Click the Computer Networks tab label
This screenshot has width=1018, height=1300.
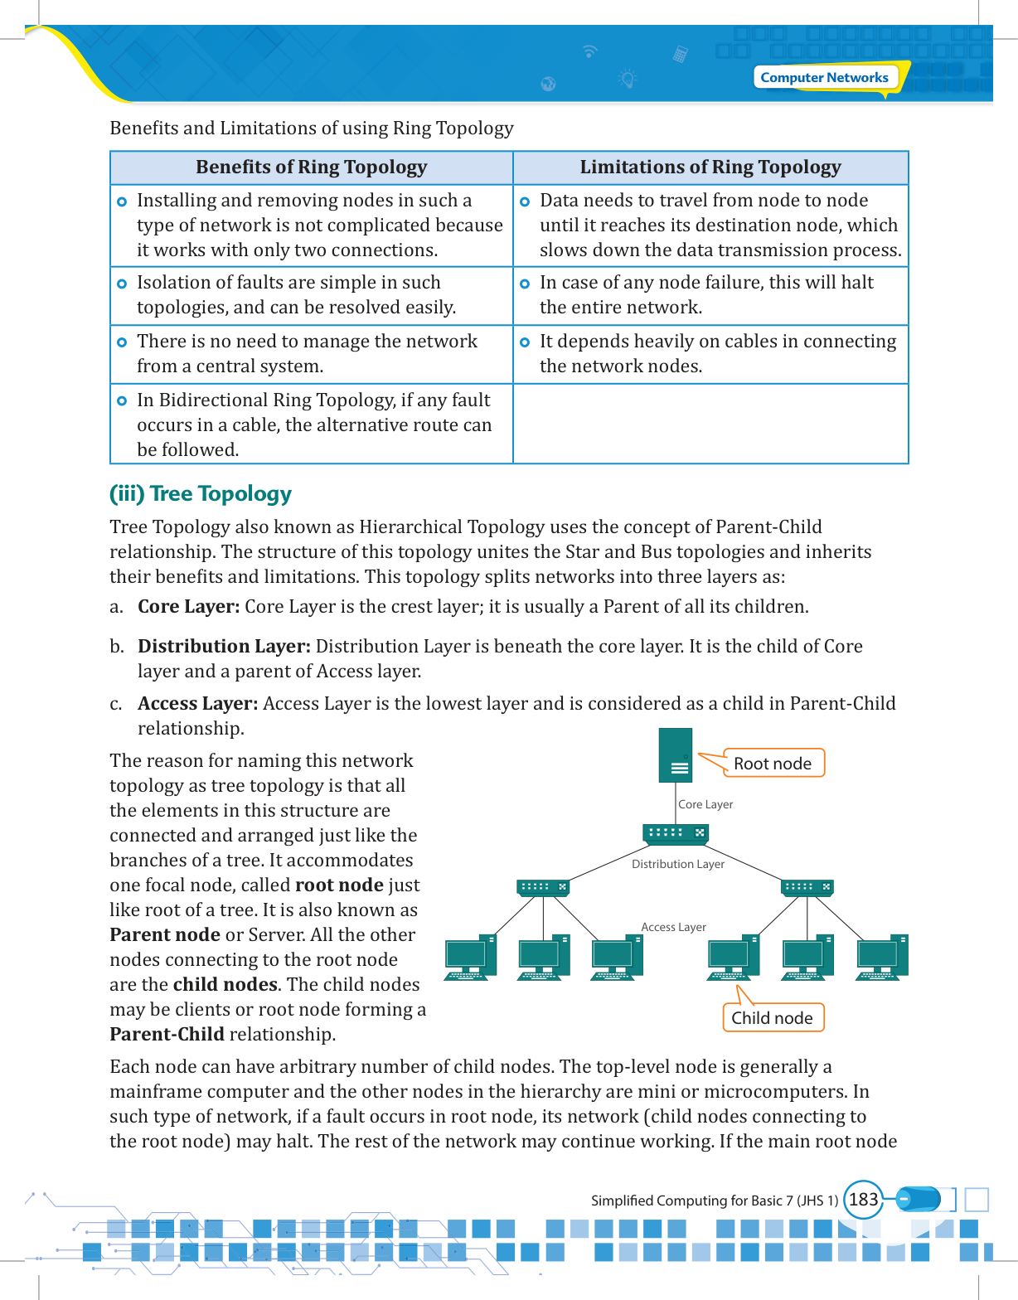click(x=824, y=77)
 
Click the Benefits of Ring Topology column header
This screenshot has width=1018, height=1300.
click(x=311, y=167)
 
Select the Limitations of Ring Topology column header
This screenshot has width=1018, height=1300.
click(x=710, y=167)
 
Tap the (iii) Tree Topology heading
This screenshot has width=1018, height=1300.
click(x=201, y=494)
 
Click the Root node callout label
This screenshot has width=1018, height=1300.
click(x=773, y=764)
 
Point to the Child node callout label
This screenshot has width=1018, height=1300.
click(x=772, y=1018)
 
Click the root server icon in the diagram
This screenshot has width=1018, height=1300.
click(x=676, y=755)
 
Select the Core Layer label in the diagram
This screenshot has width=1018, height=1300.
click(x=705, y=804)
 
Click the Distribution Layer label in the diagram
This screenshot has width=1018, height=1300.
click(x=678, y=864)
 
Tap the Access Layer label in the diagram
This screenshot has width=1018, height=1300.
click(x=673, y=927)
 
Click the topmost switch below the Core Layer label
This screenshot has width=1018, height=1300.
click(x=676, y=833)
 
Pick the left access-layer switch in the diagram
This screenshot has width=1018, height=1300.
click(x=543, y=887)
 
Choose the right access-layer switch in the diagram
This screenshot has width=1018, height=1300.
click(x=807, y=887)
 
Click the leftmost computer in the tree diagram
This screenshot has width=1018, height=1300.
click(x=470, y=958)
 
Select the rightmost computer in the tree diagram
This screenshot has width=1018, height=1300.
click(x=882, y=958)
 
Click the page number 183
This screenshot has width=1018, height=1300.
click(x=863, y=1200)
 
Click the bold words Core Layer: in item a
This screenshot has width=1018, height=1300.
click(x=188, y=607)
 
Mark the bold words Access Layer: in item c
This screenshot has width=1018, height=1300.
click(x=197, y=704)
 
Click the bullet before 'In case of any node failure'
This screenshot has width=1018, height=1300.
click(x=525, y=284)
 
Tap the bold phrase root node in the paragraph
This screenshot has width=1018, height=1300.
click(x=339, y=885)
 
